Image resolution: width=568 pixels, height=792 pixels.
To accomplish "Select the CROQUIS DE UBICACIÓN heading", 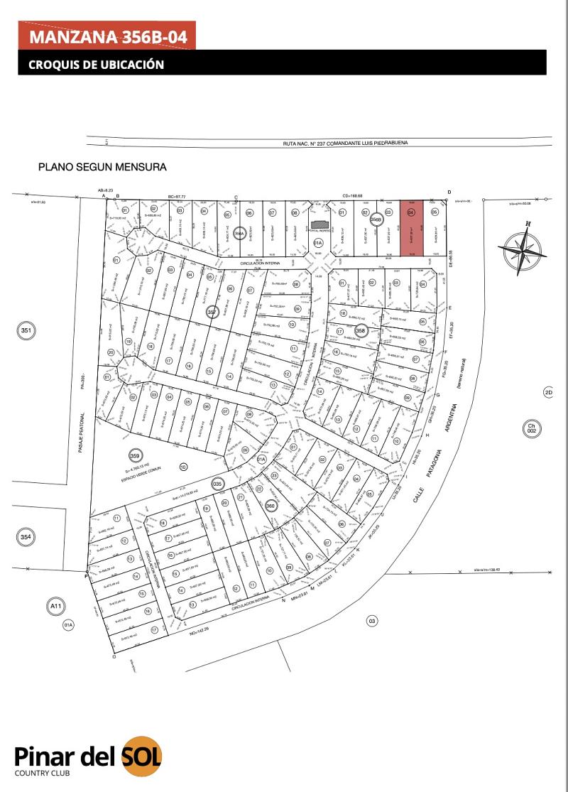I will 97,65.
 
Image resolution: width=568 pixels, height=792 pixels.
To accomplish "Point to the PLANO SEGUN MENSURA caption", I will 103,168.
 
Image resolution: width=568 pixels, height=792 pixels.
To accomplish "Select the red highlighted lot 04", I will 410,229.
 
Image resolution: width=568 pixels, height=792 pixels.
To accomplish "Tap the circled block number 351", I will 27,330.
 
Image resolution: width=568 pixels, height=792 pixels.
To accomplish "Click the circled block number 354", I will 26,538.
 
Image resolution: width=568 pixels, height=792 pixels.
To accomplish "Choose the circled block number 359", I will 134,455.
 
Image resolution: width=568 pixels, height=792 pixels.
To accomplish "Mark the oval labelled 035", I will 218,483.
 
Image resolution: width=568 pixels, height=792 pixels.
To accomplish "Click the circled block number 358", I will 361,330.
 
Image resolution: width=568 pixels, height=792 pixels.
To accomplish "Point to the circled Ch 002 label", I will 530,429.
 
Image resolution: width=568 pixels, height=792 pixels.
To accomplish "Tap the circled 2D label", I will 547,393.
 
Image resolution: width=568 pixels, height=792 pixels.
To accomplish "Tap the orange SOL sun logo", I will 141,754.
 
